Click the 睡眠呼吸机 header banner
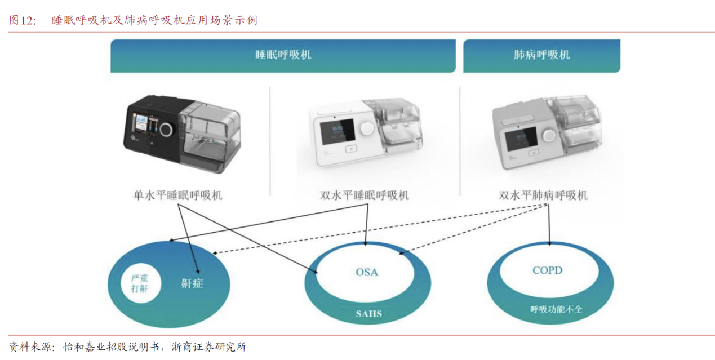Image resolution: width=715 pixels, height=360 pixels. tap(283, 55)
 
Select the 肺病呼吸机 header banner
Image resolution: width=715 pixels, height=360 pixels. tap(541, 55)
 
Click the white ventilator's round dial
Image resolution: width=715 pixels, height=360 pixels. tap(367, 128)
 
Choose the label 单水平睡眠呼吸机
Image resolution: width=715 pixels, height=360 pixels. tap(177, 195)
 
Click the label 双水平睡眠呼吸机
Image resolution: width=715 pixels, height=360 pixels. tap(364, 195)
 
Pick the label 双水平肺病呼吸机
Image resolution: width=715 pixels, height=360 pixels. tap(543, 195)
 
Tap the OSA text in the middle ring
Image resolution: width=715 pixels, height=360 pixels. tap(367, 272)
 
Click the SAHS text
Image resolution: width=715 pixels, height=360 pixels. tap(368, 313)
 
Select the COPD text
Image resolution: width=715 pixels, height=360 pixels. tap(547, 270)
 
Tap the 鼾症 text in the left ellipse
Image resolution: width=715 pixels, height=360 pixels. tap(192, 283)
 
